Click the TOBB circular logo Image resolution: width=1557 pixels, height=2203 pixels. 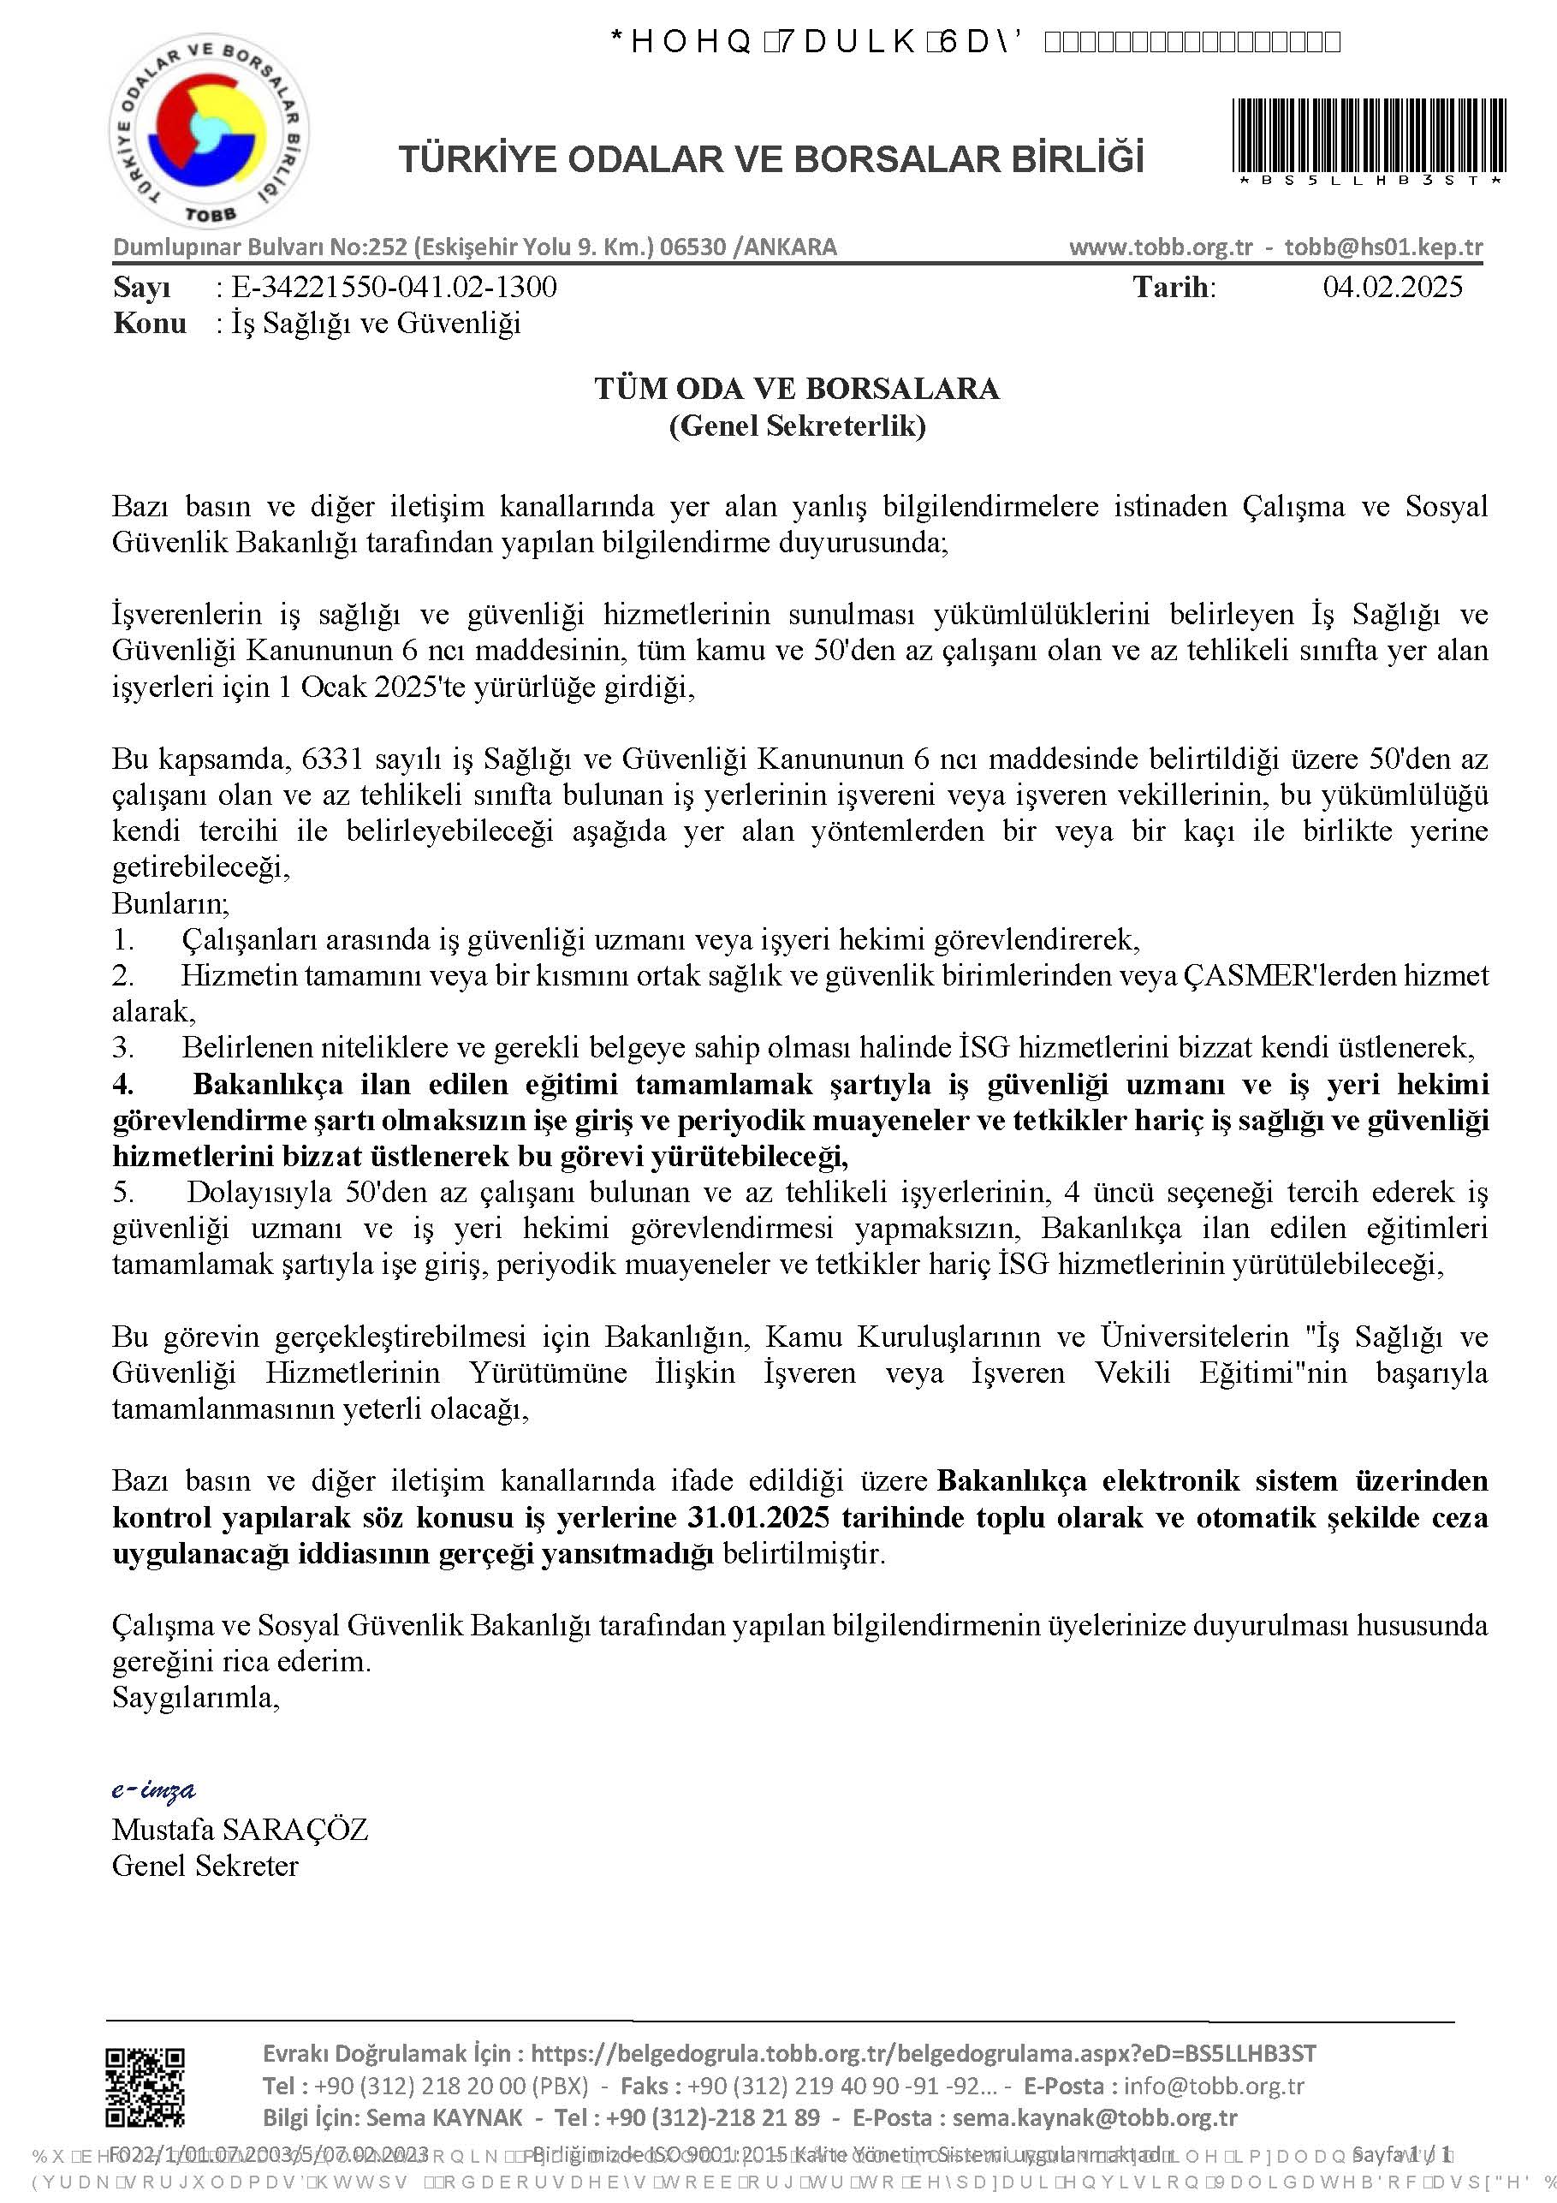pos(207,135)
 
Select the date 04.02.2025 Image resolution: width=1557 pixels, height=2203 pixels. pos(1392,287)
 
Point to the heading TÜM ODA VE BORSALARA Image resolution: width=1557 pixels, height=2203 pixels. pos(796,389)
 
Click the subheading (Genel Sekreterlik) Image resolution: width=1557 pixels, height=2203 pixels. pos(796,425)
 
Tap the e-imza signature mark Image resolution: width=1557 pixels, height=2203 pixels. pos(153,1789)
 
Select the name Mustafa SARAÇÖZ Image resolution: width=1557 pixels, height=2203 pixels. pos(240,1829)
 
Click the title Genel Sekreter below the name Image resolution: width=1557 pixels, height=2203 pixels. pos(205,1866)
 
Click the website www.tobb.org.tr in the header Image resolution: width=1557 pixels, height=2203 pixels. pos(1161,247)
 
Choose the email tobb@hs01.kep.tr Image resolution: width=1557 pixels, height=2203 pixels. pos(1383,247)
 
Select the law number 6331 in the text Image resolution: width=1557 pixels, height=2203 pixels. pos(332,759)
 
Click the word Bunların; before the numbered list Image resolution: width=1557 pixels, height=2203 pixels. pos(170,903)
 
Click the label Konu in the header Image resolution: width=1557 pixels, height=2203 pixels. pos(150,324)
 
